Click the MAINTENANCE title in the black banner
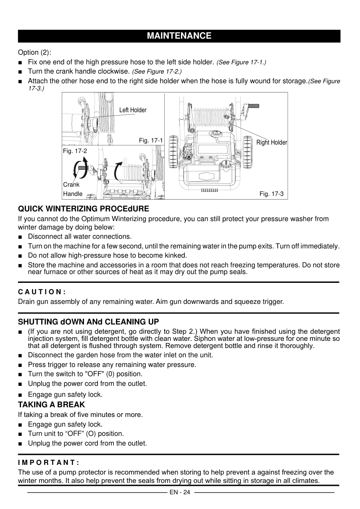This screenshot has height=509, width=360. [179, 36]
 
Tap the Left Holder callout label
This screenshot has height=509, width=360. [133, 110]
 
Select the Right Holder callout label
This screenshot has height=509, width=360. [271, 142]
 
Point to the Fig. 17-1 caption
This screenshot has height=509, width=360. [150, 140]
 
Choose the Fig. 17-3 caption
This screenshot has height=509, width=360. [271, 194]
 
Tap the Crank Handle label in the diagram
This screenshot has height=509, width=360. [72, 189]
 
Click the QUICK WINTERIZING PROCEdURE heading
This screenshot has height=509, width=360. [84, 209]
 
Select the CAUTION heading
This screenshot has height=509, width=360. [42, 292]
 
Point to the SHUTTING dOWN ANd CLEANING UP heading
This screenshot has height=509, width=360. [88, 322]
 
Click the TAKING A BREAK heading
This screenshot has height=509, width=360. [51, 405]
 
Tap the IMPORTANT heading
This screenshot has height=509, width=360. [48, 462]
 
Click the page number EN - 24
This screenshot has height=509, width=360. [180, 492]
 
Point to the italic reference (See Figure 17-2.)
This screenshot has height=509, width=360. [157, 71]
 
